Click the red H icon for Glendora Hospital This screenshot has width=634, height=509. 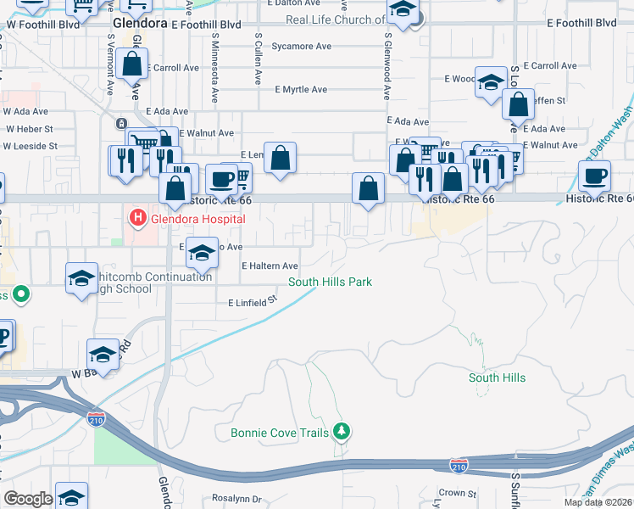coord(136,219)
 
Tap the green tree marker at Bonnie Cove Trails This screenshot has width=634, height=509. coord(342,432)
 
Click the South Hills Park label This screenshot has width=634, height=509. coord(331,282)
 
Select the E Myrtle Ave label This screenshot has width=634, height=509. coord(301,89)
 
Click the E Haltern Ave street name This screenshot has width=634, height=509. coord(270,266)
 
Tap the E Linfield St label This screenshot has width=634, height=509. coord(253,301)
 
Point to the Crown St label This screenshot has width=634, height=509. coord(458,492)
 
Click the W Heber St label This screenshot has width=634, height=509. coord(30,129)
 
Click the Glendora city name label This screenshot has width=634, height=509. coord(141,25)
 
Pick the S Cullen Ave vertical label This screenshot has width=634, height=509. coord(257,59)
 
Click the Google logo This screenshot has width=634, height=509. coord(27,499)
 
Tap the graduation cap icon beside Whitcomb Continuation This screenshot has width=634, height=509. coord(81,277)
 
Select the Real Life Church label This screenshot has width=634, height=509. coord(335,20)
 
